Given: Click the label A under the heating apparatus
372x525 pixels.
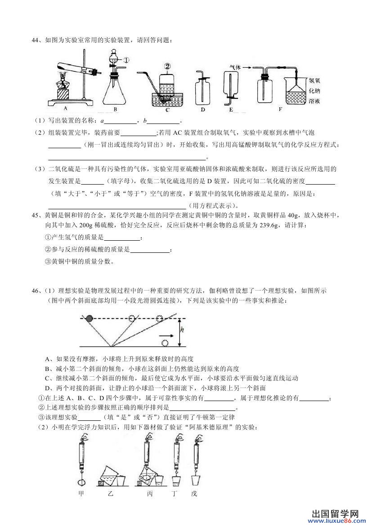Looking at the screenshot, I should point(66,108).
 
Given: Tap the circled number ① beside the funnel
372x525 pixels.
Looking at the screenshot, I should point(126,59).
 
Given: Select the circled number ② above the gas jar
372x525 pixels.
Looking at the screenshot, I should point(167,66).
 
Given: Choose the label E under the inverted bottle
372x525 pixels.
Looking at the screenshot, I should point(231,109).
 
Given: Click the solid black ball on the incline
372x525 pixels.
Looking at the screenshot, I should point(90,318).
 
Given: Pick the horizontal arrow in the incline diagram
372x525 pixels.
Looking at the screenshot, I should point(166,335).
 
